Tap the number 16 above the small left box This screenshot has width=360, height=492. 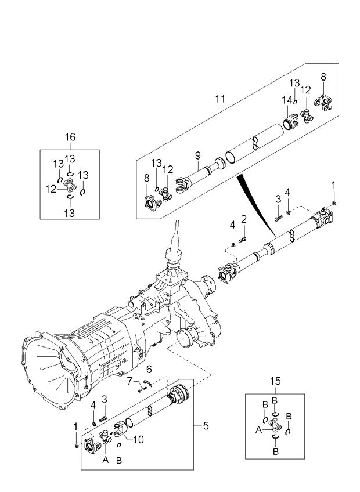pos(69,137)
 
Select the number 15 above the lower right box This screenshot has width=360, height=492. pos(275,381)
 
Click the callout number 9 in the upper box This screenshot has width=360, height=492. pos(197,155)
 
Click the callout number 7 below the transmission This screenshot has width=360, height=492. pos(130,380)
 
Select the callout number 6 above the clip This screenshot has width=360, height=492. pos(149,368)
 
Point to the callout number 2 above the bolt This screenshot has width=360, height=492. pos(244,219)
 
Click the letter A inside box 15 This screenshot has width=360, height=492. pos(259,430)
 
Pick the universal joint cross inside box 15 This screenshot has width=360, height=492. pos(275,428)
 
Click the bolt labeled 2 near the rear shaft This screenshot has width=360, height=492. pos(243,237)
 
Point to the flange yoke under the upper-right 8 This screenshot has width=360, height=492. pos(323,104)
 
